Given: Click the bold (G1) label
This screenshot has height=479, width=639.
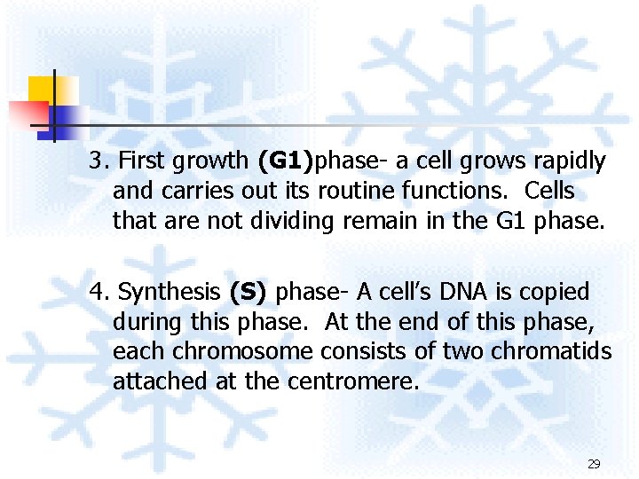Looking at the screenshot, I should (x=286, y=161).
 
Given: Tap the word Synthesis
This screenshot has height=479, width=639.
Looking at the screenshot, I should (x=169, y=292).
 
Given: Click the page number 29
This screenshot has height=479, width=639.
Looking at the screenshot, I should (x=594, y=464).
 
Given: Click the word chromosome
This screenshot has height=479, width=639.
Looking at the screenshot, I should (x=241, y=352).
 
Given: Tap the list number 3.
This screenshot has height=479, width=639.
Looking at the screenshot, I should (x=99, y=161).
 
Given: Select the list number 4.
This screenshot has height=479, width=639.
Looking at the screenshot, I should (x=99, y=292).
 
